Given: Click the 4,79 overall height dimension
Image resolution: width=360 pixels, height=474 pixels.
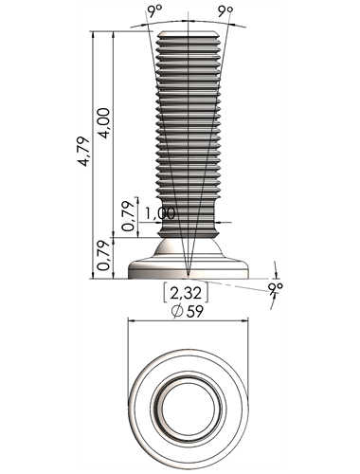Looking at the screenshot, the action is (x=83, y=152).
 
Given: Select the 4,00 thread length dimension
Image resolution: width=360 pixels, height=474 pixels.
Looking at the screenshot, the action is (x=104, y=123).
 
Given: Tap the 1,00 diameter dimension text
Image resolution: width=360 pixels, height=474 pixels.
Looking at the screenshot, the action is (x=160, y=213).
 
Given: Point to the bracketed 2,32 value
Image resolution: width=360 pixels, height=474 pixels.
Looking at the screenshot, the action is (x=186, y=293).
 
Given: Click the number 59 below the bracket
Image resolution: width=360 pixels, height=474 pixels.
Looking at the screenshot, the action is (x=194, y=312).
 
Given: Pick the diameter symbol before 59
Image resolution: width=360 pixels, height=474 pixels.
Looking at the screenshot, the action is (x=177, y=312).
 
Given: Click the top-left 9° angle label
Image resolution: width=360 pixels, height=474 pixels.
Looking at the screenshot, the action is (x=154, y=12).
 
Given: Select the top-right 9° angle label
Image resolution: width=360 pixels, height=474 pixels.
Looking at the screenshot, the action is (x=225, y=12).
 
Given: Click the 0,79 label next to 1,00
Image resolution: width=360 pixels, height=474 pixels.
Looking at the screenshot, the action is (x=129, y=216).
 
